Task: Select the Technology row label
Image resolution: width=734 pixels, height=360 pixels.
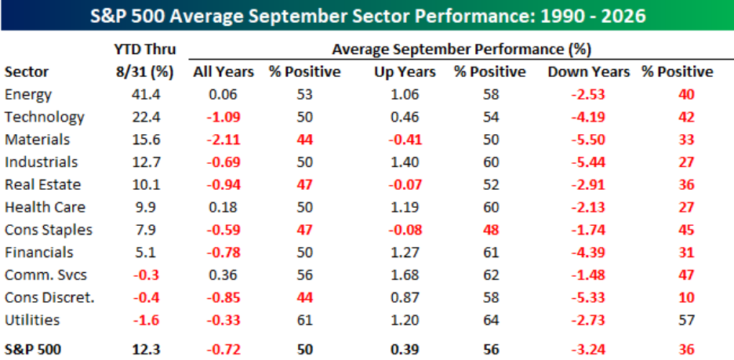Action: pyautogui.click(x=45, y=117)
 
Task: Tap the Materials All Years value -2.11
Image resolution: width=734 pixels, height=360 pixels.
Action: pyautogui.click(x=223, y=140)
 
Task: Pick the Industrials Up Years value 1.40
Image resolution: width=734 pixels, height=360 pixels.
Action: pyautogui.click(x=405, y=162)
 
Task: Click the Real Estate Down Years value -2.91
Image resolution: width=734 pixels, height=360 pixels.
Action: pyautogui.click(x=589, y=184)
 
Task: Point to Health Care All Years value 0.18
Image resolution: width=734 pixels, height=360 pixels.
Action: pyautogui.click(x=223, y=207)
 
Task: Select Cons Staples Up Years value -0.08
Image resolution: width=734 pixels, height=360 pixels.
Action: pyautogui.click(x=405, y=230)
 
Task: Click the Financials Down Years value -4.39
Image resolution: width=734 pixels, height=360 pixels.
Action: pyautogui.click(x=589, y=253)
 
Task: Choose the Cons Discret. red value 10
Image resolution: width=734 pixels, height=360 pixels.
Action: pyautogui.click(x=688, y=297)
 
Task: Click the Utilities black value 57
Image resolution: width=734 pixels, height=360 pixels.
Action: pyautogui.click(x=688, y=320)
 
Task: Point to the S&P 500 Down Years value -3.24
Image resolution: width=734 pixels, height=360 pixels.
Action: pyautogui.click(x=589, y=349)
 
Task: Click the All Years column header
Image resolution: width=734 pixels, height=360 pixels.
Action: pyautogui.click(x=223, y=71)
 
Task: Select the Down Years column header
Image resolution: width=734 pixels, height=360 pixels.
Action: pyautogui.click(x=589, y=71)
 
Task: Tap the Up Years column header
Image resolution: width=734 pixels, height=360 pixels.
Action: pyautogui.click(x=405, y=71)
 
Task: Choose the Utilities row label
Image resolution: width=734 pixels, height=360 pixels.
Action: pyautogui.click(x=32, y=320)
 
